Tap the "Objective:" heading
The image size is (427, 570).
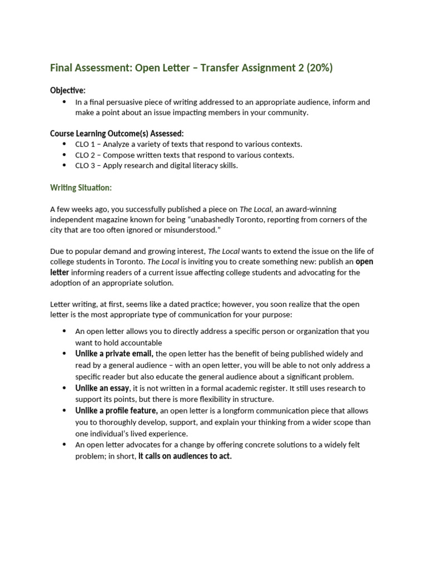(x=68, y=90)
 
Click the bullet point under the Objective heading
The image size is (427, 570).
(x=64, y=102)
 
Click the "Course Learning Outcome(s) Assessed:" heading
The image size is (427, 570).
(x=117, y=134)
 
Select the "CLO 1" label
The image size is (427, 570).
(x=85, y=144)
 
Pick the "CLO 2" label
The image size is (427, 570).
(x=85, y=155)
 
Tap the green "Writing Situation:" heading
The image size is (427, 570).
(x=81, y=188)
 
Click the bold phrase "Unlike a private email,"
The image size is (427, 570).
(x=115, y=354)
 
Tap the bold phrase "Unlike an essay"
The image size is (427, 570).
(x=102, y=388)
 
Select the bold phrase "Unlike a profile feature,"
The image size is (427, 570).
(x=117, y=411)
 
